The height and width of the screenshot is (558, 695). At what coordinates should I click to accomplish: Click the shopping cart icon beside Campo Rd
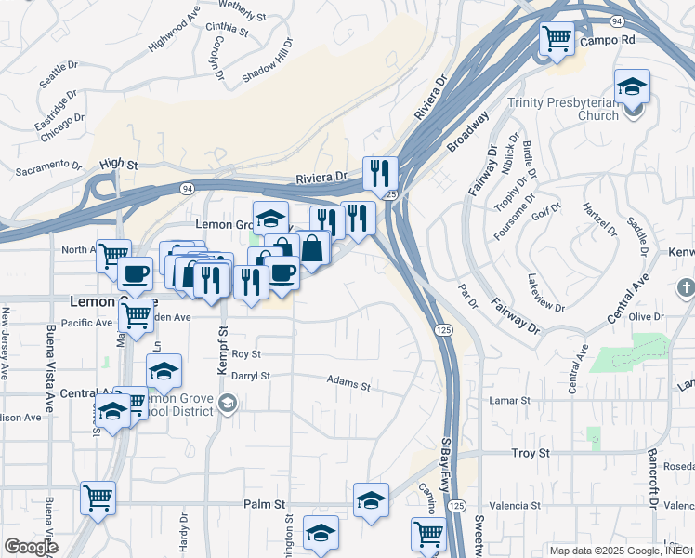557,39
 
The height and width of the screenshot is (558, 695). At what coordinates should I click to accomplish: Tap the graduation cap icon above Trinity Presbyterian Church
632,86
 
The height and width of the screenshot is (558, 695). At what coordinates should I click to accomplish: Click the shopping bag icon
313,247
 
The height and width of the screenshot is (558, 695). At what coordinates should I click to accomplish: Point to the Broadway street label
467,134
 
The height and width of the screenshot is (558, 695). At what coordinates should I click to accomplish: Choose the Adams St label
348,383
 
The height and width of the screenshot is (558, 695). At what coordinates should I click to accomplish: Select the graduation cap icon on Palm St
371,499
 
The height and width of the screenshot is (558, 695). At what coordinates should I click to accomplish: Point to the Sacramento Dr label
50,167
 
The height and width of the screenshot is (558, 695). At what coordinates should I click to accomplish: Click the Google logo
30,546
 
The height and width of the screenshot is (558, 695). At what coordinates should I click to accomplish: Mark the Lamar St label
508,400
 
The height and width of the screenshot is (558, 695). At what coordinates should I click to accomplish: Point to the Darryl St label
250,377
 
